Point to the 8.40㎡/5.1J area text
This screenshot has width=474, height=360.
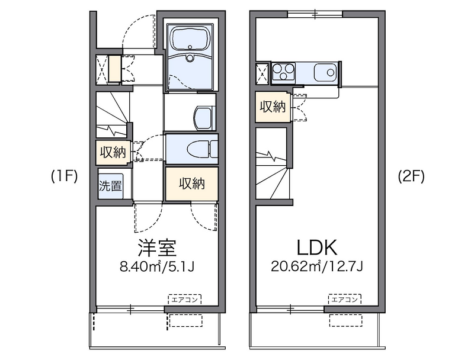point(157,266)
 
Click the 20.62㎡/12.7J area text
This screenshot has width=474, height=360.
point(318,266)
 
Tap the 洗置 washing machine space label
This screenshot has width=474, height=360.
point(110,185)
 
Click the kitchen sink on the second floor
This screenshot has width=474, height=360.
point(325,72)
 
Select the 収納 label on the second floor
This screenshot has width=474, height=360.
point(273,107)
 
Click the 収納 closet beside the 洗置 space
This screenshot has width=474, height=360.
point(191,184)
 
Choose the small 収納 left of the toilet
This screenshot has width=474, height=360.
point(112,152)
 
